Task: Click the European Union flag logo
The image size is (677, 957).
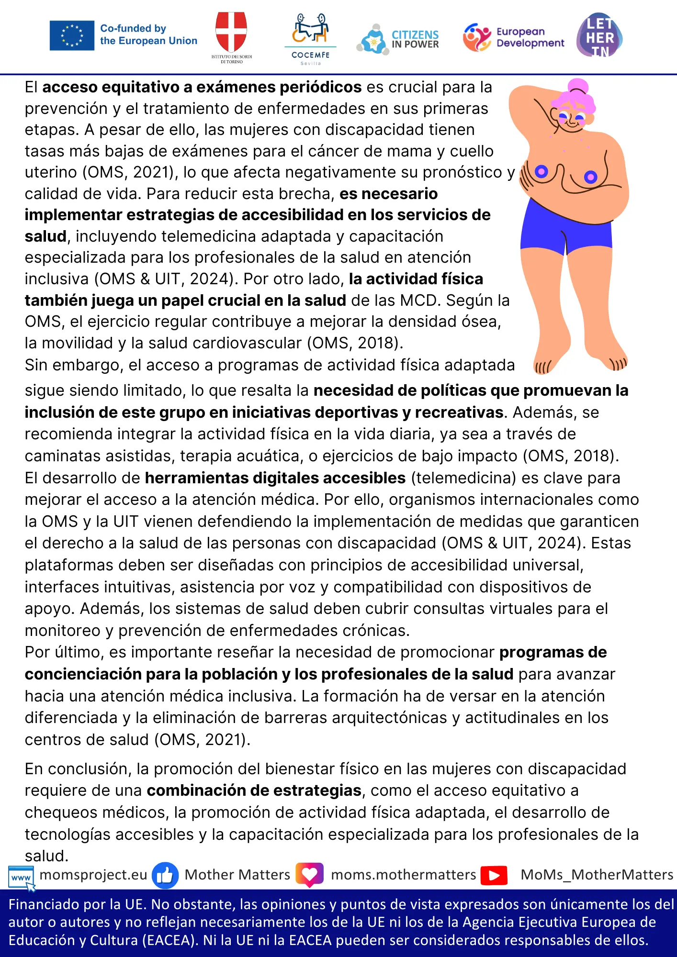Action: point(72,35)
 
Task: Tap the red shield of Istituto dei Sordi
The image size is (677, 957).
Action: point(231,31)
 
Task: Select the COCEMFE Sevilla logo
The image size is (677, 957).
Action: point(310,38)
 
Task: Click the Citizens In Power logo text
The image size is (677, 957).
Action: point(415,39)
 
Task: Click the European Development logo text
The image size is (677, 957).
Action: point(530,37)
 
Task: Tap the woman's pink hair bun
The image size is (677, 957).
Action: point(578,87)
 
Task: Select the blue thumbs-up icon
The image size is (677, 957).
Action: point(165,875)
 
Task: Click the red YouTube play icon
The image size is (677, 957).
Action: point(494,875)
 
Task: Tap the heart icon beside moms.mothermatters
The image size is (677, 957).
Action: point(309,875)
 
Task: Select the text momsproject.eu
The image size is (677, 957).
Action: point(93,875)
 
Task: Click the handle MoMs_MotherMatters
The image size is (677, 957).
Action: point(597,875)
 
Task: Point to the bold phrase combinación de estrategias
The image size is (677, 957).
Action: point(254,790)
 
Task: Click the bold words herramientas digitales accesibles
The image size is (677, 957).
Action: point(275,478)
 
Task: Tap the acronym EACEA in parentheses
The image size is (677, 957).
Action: point(170,940)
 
